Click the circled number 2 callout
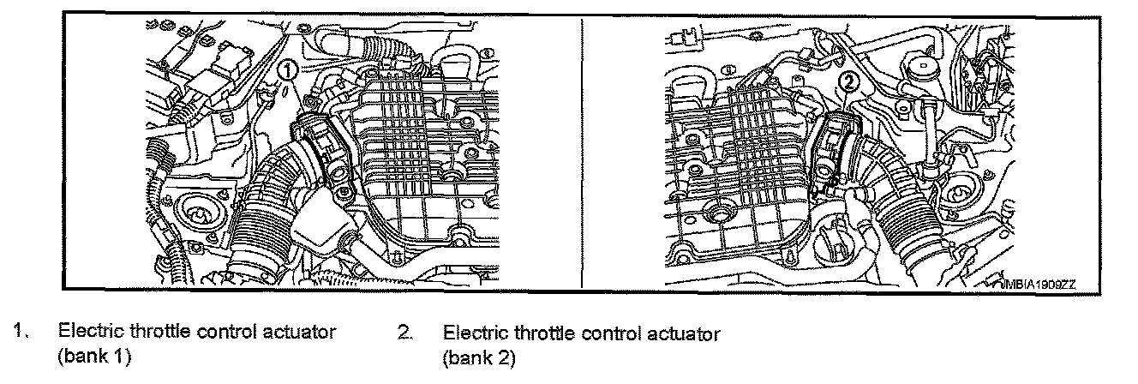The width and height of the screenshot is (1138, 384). click(848, 83)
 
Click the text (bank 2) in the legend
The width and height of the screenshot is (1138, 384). click(480, 357)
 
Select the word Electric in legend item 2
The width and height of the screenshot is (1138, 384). click(474, 333)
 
